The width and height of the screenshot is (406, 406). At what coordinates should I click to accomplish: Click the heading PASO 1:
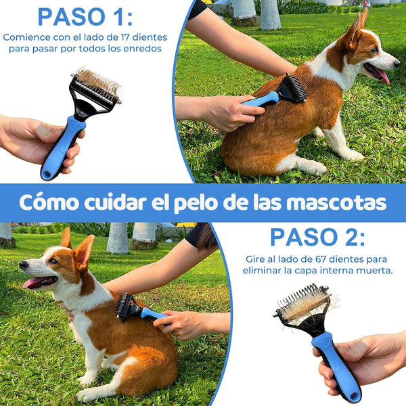[85, 17]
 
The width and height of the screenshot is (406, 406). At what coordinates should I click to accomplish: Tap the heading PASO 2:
[317, 238]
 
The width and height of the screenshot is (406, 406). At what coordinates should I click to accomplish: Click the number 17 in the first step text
[125, 37]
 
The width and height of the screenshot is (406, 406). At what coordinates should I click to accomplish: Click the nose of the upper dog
[397, 63]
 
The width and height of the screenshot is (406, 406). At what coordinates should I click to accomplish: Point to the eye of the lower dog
[53, 261]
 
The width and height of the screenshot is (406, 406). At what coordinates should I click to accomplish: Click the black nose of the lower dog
[23, 264]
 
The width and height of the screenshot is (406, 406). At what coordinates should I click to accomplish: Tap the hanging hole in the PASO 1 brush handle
[47, 174]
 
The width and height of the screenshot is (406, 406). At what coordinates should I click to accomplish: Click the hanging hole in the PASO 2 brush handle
[353, 396]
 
